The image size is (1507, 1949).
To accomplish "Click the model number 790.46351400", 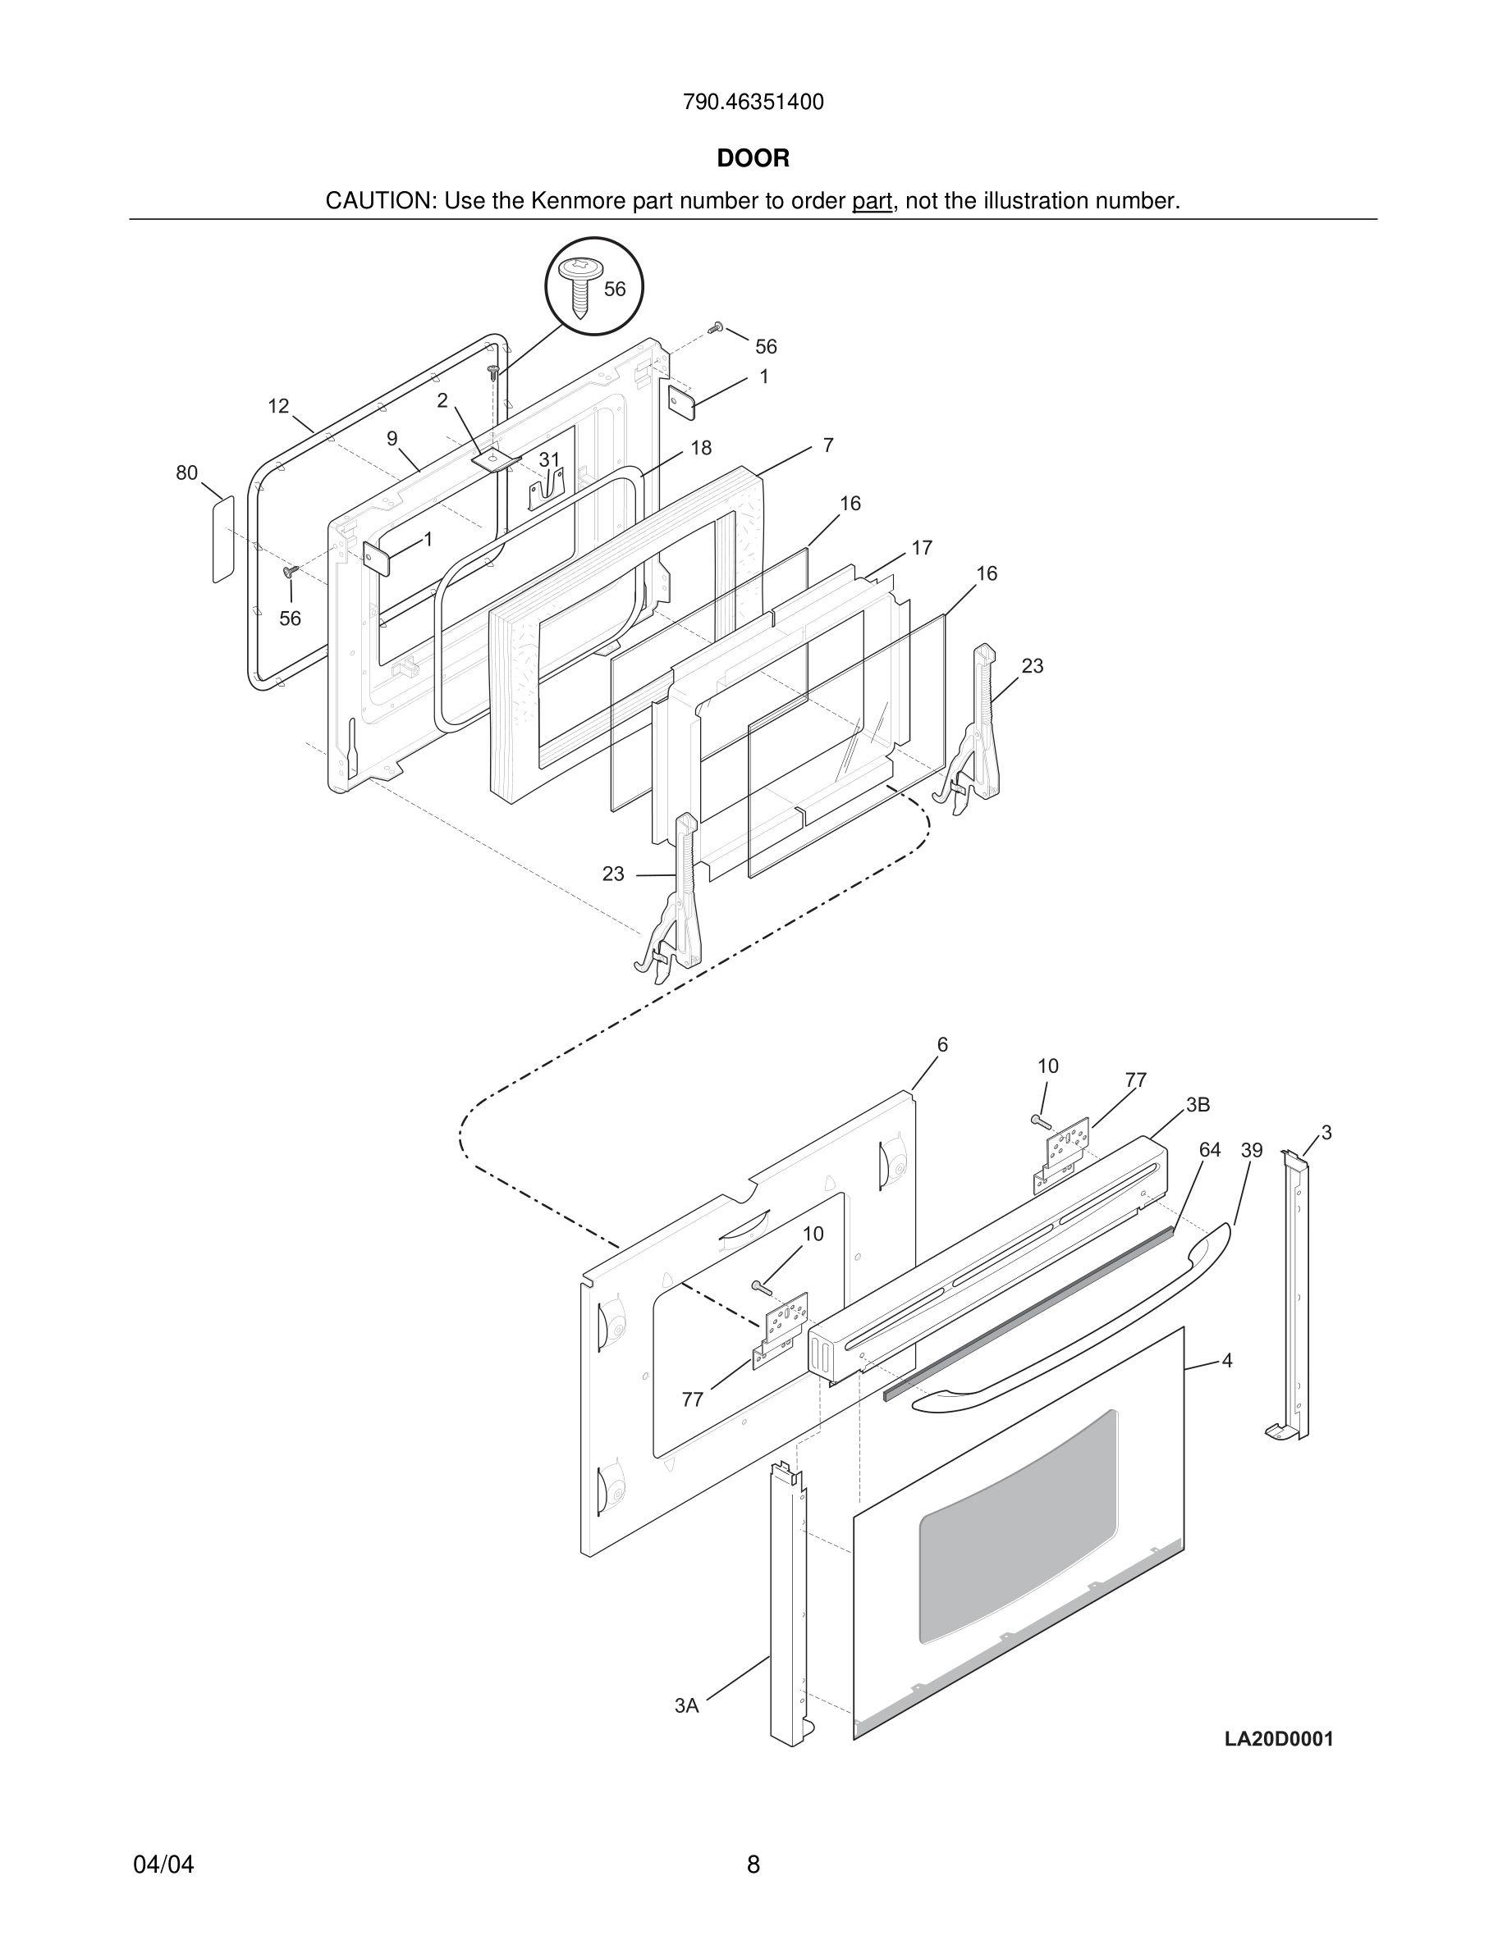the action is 753,103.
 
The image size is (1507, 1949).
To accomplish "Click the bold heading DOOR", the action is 753,159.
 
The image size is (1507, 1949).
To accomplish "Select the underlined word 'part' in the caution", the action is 872,202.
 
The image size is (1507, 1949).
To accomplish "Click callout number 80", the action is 186,473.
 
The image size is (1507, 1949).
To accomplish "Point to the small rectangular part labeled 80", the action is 223,539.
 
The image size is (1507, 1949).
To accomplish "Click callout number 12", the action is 278,406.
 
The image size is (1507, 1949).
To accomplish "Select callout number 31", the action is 548,459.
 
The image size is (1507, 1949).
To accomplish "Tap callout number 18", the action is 701,448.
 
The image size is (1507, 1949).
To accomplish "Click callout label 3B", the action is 1198,1105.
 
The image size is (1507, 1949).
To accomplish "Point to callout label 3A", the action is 686,1706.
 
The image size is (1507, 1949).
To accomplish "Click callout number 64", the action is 1209,1150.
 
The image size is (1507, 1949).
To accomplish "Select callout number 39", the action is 1252,1151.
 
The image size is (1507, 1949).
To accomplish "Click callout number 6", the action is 942,1045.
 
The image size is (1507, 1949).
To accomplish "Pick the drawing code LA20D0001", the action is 1279,1739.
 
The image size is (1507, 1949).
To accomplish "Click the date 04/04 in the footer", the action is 163,1865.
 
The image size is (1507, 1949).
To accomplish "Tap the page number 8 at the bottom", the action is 753,1865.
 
